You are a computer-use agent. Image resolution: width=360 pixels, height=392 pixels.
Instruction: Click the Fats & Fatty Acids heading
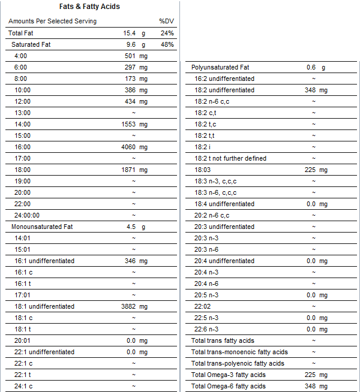click(89, 7)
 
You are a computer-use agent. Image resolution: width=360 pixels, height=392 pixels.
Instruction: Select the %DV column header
click(166, 21)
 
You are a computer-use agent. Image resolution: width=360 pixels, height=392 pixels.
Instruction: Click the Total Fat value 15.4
click(130, 33)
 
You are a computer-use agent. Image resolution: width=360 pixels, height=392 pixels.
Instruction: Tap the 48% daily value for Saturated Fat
click(167, 44)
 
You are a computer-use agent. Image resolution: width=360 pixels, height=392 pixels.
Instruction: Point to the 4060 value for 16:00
click(129, 147)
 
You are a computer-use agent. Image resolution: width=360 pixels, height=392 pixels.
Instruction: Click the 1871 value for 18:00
click(129, 170)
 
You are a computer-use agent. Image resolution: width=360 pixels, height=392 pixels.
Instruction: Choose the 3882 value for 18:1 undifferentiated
click(129, 306)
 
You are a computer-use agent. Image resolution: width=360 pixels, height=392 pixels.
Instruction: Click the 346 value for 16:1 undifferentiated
click(131, 261)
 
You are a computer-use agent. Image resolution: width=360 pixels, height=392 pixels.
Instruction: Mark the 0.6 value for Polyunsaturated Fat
click(311, 67)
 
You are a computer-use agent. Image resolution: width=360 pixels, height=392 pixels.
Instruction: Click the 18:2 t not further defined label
click(231, 158)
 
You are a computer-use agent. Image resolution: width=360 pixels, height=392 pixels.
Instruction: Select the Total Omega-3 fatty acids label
click(228, 375)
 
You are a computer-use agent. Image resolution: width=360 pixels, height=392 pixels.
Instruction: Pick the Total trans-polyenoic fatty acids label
click(238, 363)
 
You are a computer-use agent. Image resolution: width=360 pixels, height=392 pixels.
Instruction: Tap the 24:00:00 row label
click(26, 215)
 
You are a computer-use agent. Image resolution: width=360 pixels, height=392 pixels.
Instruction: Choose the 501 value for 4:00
click(131, 56)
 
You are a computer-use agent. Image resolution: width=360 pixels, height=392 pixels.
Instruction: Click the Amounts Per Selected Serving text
click(52, 21)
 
